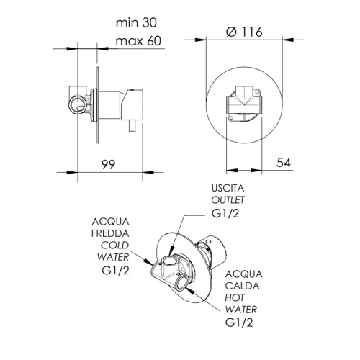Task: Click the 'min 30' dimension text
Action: [136, 23]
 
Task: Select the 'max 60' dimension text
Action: [138, 41]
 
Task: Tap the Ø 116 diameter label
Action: [244, 32]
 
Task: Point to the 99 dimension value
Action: [108, 164]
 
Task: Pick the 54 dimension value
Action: [284, 163]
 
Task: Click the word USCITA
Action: [228, 188]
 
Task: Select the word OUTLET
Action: [228, 199]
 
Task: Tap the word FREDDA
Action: [110, 233]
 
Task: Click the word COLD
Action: [114, 246]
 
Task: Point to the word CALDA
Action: [242, 286]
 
